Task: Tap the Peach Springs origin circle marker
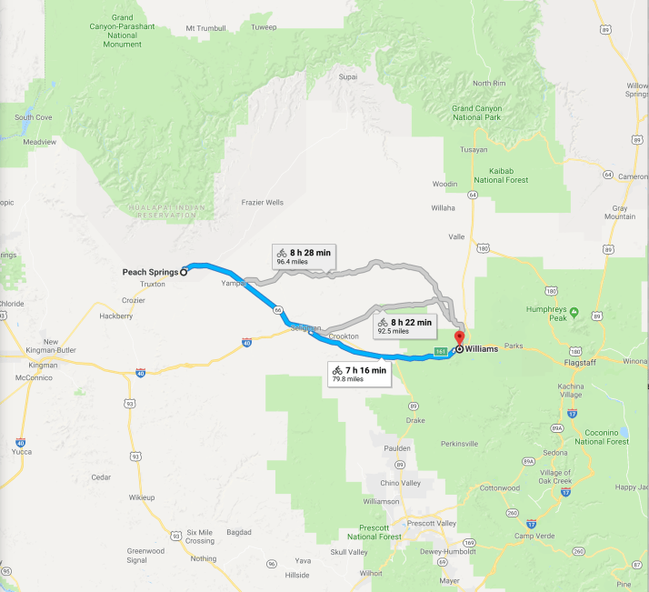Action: tap(184, 271)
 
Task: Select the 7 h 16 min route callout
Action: tap(359, 374)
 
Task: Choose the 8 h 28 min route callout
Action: tap(303, 256)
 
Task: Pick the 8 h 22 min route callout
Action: tap(404, 326)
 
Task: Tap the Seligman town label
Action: tap(305, 328)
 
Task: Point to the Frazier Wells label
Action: tap(262, 202)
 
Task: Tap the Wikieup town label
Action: tap(142, 497)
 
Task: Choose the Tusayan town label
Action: tap(474, 149)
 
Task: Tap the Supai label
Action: tap(347, 77)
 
